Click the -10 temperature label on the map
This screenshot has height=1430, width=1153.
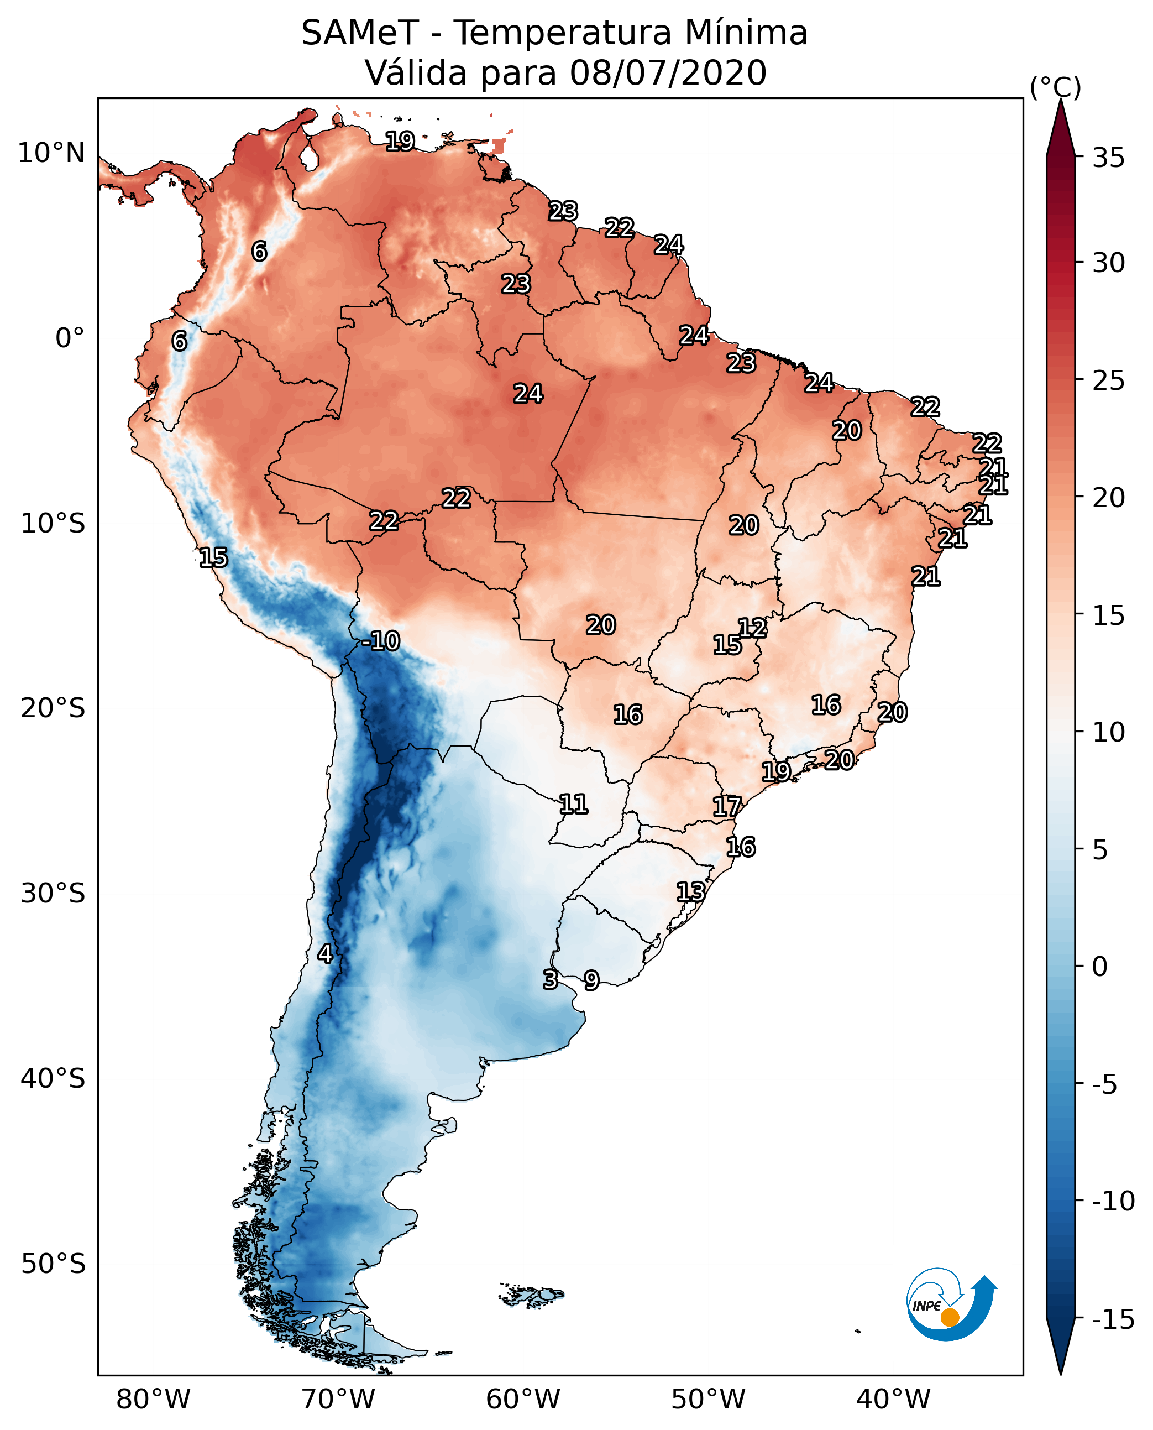(x=381, y=641)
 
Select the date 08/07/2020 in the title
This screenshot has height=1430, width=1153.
(x=668, y=72)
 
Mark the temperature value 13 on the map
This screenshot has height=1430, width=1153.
(x=691, y=892)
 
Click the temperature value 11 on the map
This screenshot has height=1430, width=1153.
(x=573, y=805)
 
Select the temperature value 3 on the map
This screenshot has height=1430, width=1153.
(x=550, y=979)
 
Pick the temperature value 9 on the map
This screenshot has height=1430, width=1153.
(x=591, y=980)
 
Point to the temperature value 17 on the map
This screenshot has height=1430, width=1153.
(x=727, y=807)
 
